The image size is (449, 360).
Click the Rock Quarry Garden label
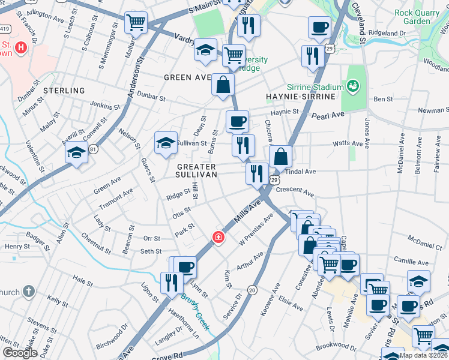421,16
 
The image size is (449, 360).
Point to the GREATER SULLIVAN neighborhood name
196,170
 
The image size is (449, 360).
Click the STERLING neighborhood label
65,91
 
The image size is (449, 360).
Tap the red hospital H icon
21,47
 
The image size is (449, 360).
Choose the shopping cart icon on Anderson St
136,23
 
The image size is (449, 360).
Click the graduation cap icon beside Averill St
77,154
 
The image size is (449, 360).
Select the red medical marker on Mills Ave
218,238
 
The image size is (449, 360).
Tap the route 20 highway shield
253,290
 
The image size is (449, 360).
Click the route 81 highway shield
92,148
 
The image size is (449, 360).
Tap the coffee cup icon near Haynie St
237,122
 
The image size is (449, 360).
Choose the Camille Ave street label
411,263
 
